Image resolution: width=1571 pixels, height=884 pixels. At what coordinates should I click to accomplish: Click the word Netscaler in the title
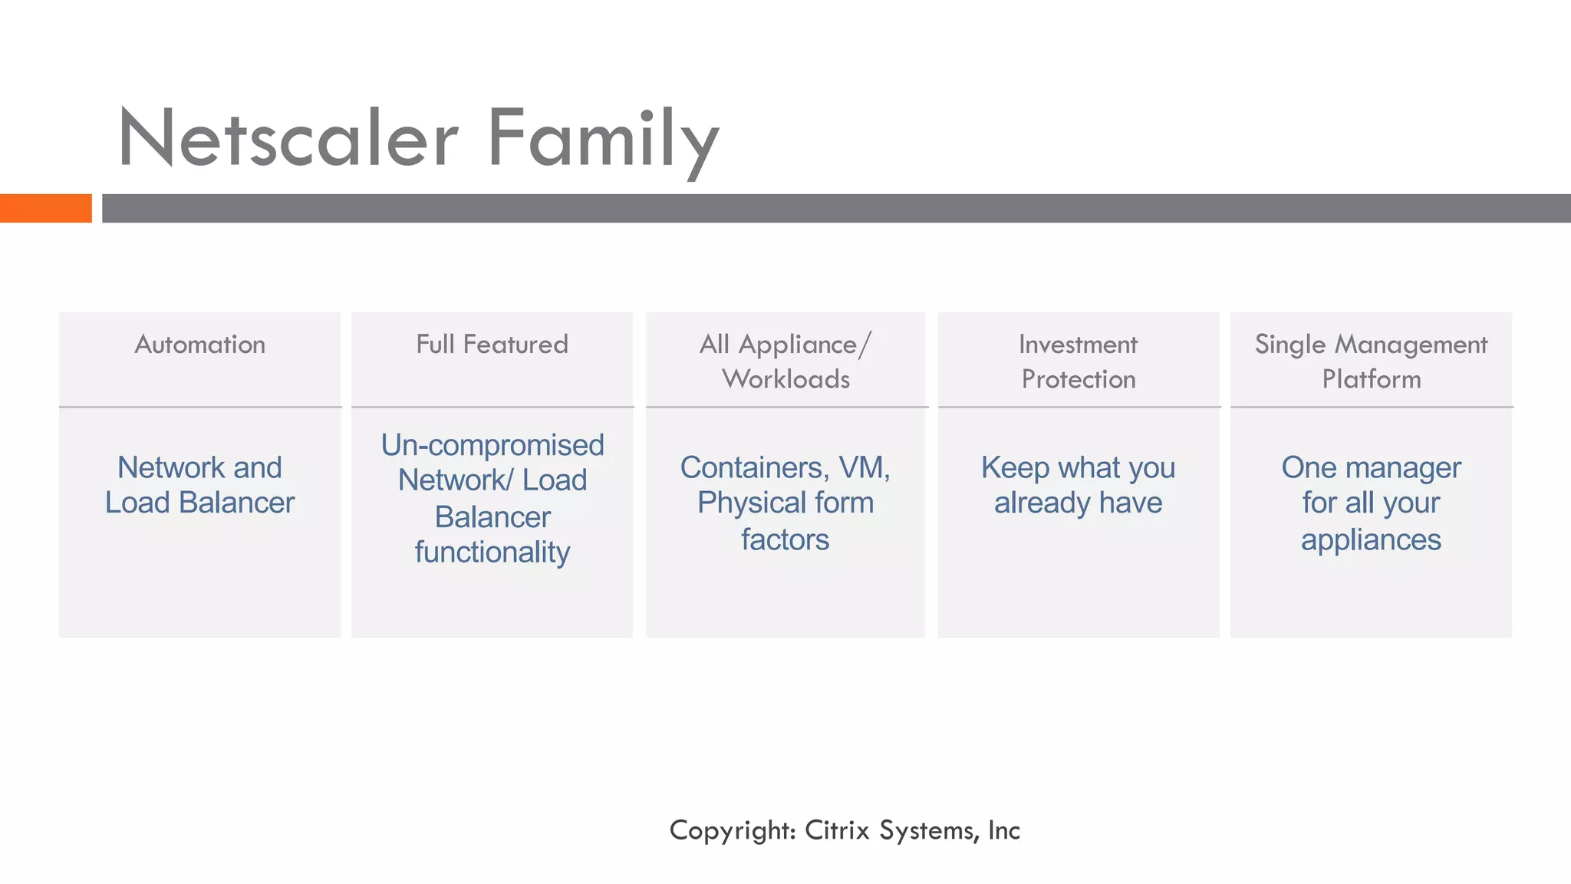click(288, 140)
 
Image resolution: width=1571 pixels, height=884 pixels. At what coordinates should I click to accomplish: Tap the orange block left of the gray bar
click(45, 208)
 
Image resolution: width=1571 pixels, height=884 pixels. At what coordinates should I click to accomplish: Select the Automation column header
click(200, 345)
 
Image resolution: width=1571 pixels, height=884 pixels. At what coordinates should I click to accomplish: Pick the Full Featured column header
click(492, 345)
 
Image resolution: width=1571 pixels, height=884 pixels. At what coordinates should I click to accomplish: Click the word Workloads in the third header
click(786, 379)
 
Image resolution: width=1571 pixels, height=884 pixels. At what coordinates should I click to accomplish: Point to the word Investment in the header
click(1078, 345)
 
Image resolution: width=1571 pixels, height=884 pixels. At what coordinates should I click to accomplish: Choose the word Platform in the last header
click(1372, 379)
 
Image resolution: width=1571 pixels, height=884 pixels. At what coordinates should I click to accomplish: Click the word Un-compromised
click(492, 445)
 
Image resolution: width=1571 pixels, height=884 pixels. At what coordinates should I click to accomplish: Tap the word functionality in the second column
click(492, 552)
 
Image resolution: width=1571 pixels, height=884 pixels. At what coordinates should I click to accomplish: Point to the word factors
click(785, 539)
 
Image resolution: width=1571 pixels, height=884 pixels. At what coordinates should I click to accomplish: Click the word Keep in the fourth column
click(1015, 467)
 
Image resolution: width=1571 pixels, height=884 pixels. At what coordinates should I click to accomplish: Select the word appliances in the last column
click(1371, 539)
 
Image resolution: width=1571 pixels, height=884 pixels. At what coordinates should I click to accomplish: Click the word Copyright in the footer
click(733, 830)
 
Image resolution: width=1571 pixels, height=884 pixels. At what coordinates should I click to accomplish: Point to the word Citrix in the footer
click(837, 830)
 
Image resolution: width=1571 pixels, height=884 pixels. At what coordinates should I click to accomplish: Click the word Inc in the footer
click(1004, 830)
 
